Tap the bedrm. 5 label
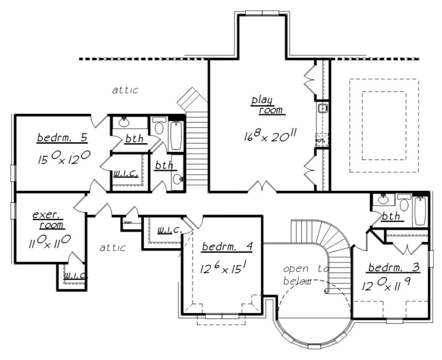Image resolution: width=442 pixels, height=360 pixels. (62, 138)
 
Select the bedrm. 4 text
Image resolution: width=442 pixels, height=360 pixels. (227, 247)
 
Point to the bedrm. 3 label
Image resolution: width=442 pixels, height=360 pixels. (393, 268)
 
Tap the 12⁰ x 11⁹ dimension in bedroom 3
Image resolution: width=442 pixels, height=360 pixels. (387, 286)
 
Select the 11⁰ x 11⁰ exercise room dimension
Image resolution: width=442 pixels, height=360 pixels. (50, 241)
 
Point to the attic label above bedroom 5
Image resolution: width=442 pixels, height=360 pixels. (125, 90)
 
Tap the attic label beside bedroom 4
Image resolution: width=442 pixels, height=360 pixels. (112, 248)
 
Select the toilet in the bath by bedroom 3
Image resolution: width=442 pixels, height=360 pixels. (404, 204)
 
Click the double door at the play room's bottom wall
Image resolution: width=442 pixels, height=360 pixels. (262, 188)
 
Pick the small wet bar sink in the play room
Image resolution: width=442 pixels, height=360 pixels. (323, 108)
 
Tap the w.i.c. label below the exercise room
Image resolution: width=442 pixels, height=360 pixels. (74, 276)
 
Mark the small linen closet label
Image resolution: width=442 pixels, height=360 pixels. (129, 223)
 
